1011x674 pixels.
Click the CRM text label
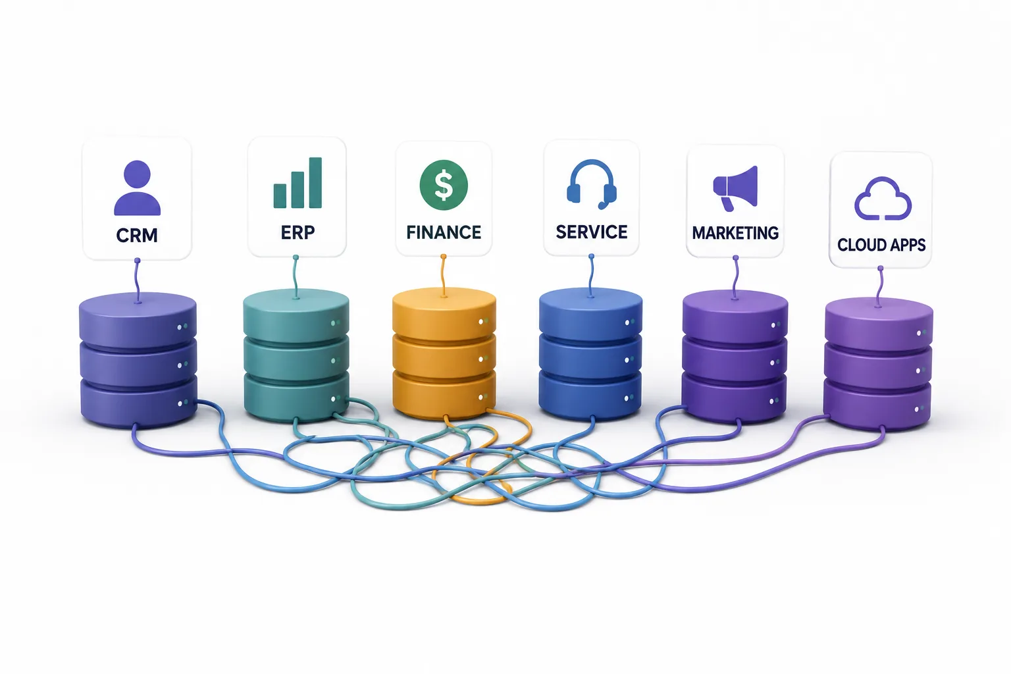(x=137, y=235)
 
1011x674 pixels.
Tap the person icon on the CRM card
(x=137, y=188)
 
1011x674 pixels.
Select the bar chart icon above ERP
(x=298, y=183)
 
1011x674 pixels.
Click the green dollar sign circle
(x=444, y=185)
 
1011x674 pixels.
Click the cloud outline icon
(x=883, y=199)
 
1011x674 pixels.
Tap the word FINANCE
(x=444, y=232)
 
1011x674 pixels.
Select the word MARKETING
(x=735, y=233)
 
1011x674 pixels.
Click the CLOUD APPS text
(x=881, y=245)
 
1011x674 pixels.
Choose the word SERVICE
(x=592, y=232)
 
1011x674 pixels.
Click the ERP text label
(x=298, y=232)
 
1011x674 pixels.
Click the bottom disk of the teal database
(x=297, y=398)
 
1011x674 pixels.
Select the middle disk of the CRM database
(x=138, y=363)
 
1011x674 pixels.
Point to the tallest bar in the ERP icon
(x=315, y=183)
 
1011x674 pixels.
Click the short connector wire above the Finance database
(x=444, y=276)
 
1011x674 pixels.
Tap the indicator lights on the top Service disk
(x=630, y=323)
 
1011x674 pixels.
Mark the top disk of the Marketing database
(x=735, y=316)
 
